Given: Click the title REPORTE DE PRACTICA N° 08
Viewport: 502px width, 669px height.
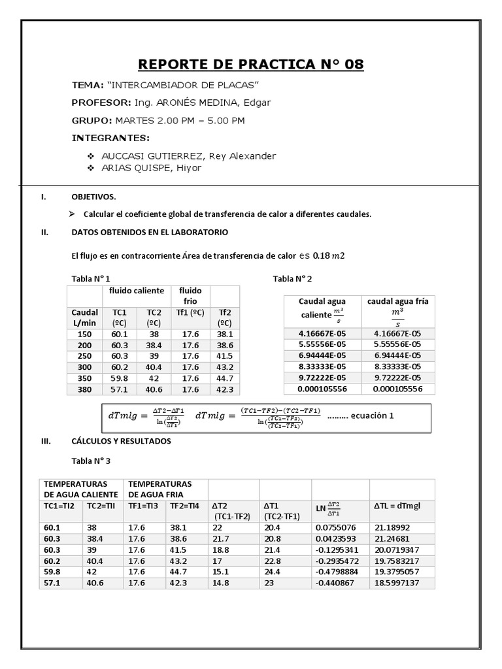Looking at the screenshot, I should pos(250,65).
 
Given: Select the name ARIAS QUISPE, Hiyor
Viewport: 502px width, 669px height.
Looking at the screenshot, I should pos(152,168).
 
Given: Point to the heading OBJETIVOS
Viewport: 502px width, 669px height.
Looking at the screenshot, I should pos(93,197).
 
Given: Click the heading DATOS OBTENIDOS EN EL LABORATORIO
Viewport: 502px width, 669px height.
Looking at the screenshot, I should pos(150,232).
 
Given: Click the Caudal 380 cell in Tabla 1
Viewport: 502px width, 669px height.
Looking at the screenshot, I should pos(84,389).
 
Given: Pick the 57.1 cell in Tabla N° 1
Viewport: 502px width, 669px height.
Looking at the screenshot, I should pos(120,389).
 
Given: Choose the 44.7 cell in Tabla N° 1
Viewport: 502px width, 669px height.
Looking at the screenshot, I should pos(224,378).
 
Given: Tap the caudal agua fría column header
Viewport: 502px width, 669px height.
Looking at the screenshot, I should pos(397,301).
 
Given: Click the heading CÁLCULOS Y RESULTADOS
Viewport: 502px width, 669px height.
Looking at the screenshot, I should pos(121,442).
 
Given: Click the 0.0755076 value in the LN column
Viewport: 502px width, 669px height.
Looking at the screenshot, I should pos(336,527).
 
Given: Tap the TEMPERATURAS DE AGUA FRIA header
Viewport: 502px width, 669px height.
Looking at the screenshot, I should pos(160,489).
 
